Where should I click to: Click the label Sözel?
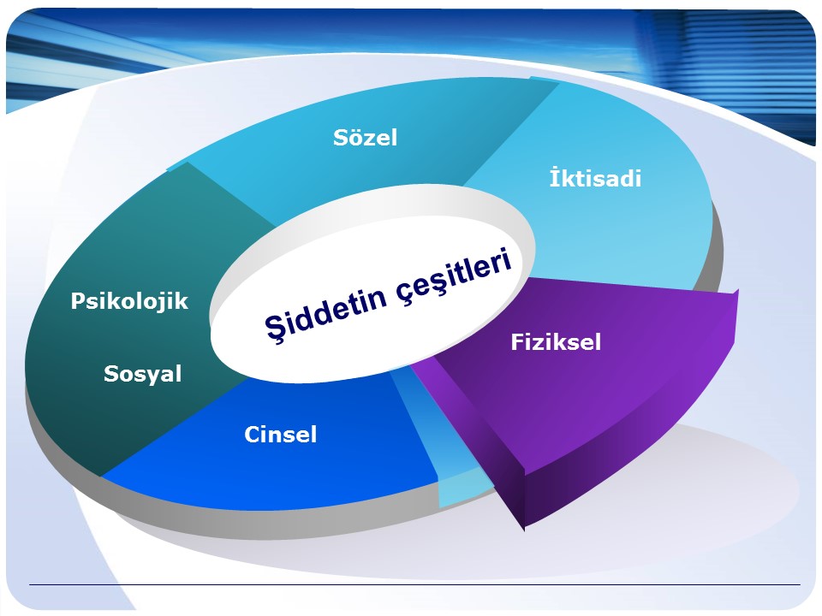point(365,137)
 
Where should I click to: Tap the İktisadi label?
point(595,178)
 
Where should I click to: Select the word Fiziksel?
point(556,342)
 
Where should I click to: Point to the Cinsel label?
point(281,435)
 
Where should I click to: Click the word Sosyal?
point(143,374)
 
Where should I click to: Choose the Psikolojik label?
point(129,301)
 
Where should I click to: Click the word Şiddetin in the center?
point(326,312)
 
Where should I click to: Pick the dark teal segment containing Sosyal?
point(126,325)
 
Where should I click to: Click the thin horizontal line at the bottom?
point(414,584)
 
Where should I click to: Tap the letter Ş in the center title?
point(274,329)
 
